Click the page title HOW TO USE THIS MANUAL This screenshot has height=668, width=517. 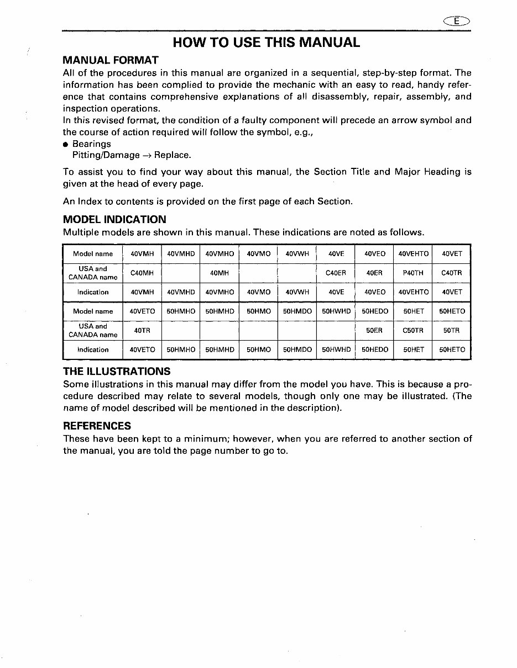[266, 42]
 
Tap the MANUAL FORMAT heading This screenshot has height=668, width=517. [111, 60]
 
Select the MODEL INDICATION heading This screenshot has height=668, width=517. [114, 219]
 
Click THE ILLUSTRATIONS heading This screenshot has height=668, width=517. [117, 371]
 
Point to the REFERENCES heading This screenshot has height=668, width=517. [97, 426]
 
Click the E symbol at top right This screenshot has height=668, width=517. [457, 21]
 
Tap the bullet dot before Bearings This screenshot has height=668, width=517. [66, 145]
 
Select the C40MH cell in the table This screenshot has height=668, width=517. [142, 273]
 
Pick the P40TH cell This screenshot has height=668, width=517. [413, 273]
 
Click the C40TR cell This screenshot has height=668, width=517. [451, 273]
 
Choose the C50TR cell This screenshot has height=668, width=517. [413, 331]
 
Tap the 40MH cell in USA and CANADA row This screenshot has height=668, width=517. [220, 273]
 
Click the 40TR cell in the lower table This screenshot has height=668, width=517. [142, 331]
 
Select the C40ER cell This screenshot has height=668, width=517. [336, 273]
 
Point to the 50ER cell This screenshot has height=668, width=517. [374, 331]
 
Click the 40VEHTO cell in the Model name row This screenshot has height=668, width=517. [413, 254]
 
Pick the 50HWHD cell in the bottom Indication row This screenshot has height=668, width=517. [336, 349]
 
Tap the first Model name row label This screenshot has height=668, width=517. [93, 254]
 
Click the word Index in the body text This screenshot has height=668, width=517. [88, 202]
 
